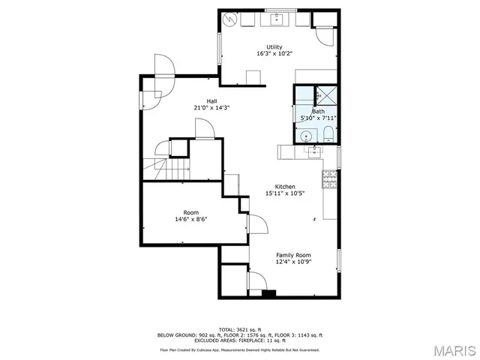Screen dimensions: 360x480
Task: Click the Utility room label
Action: click(274, 47)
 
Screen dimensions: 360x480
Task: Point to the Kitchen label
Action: click(284, 187)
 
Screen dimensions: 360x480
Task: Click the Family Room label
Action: click(293, 256)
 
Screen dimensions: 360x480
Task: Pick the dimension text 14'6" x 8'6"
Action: click(191, 219)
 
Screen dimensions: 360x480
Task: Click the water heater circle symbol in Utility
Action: click(229, 20)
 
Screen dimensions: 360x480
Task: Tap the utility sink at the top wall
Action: click(276, 18)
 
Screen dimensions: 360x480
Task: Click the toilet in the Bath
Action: click(328, 135)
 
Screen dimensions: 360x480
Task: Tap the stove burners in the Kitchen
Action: click(329, 178)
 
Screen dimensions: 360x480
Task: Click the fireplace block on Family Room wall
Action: click(267, 292)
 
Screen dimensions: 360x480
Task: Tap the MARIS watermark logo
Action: click(451, 350)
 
